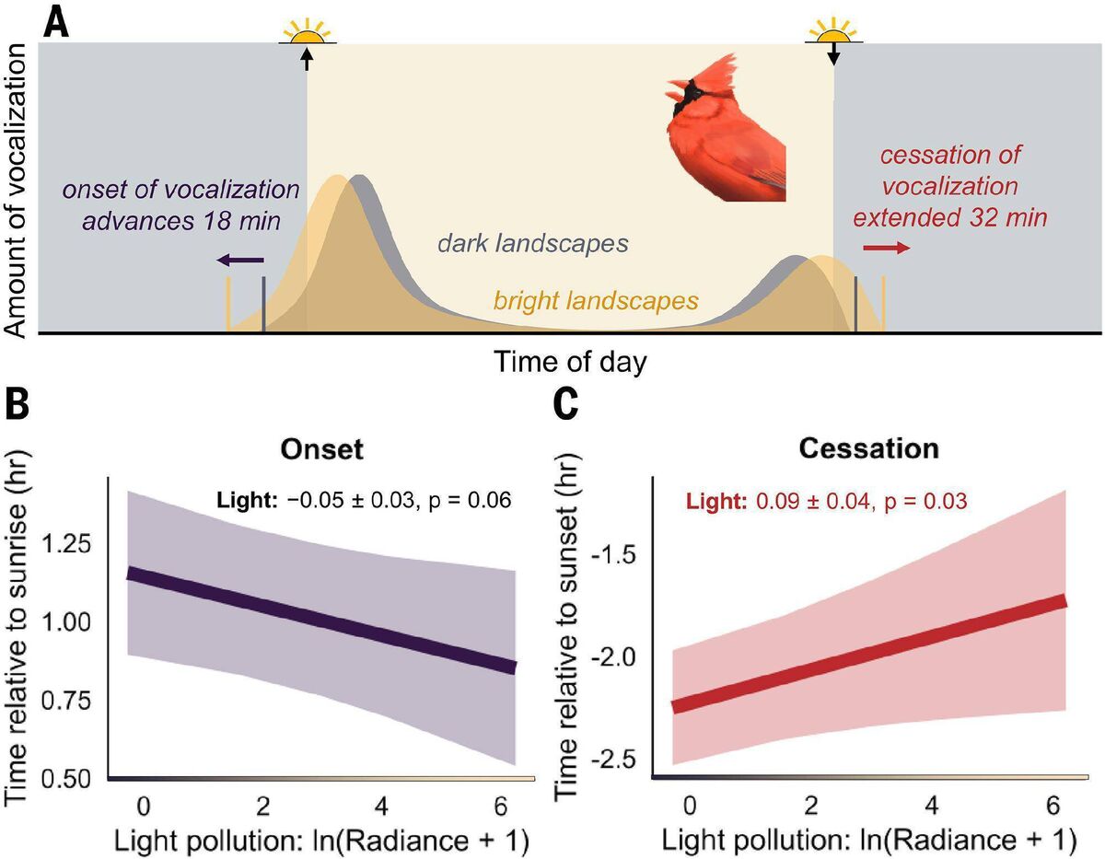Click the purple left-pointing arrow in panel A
coord(241,261)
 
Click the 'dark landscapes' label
coord(532,244)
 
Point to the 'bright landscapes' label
coord(595,300)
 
